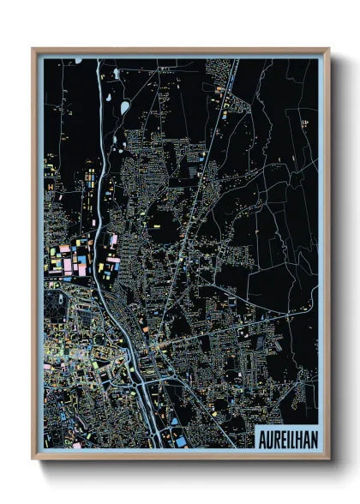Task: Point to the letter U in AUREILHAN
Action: tap(268, 436)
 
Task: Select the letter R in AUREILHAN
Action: tap(275, 436)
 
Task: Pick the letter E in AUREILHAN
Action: tap(282, 436)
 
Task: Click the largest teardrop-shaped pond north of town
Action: tap(125, 107)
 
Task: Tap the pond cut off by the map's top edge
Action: tap(78, 60)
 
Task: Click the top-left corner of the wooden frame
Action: tap(33, 50)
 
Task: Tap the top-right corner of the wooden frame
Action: tap(328, 50)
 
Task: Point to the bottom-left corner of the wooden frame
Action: tap(33, 458)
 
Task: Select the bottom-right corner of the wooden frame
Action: tap(328, 458)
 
